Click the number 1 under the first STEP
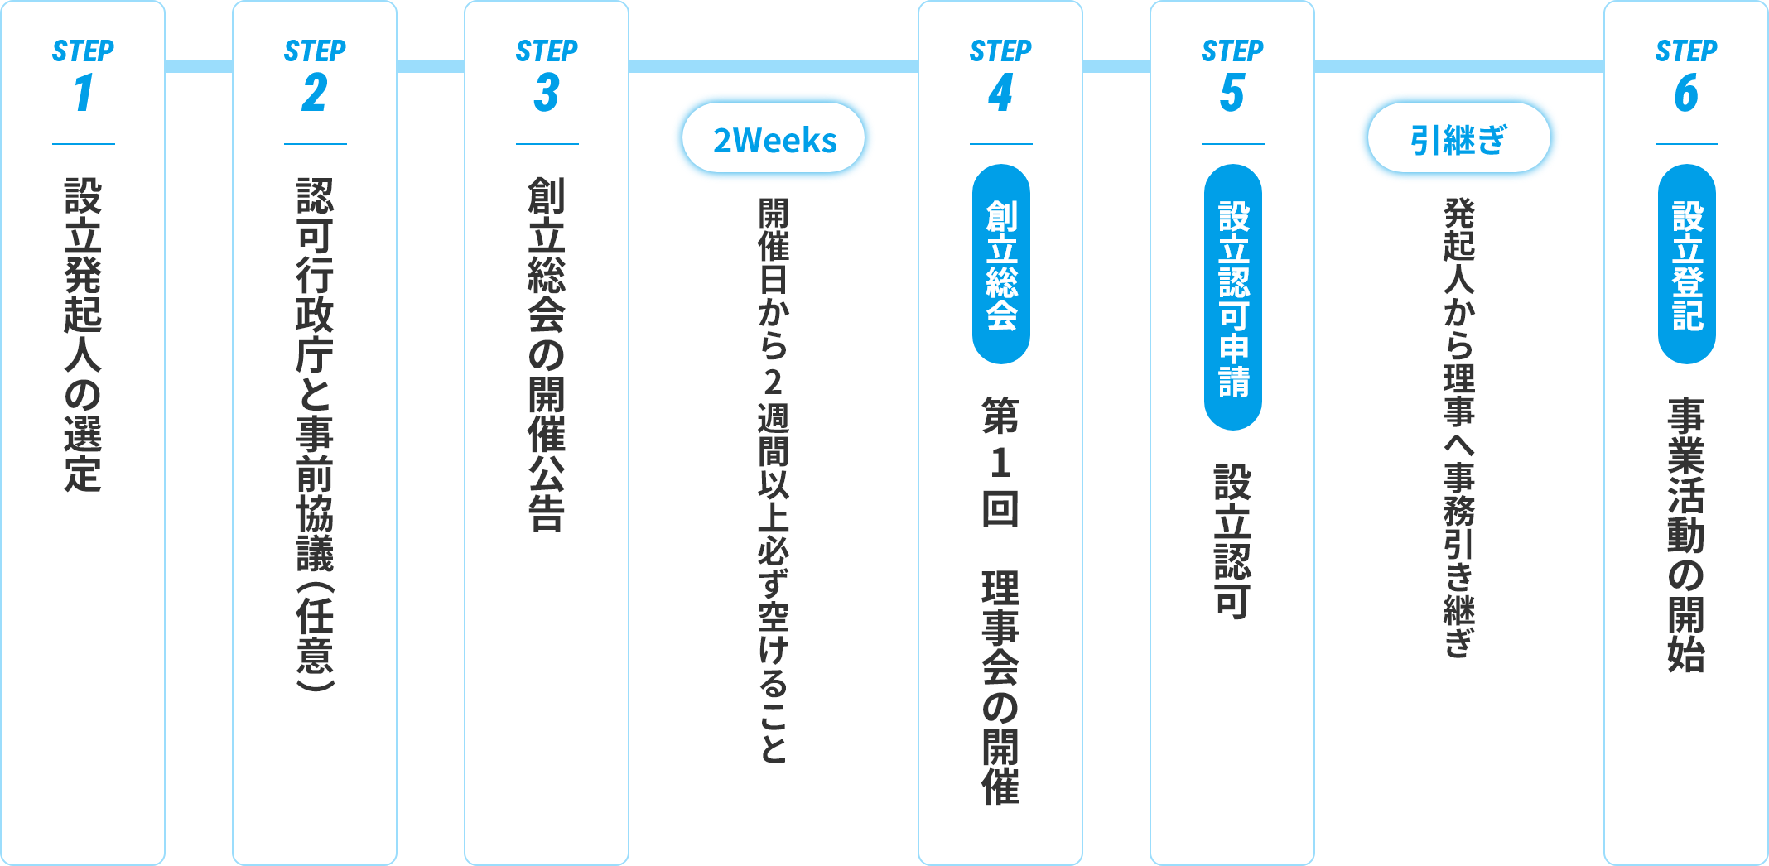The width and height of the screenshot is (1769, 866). pos(83,93)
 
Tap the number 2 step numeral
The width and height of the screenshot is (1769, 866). pos(315,93)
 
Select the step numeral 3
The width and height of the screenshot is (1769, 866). pos(547,93)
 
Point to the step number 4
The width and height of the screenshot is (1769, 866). pos(1000,93)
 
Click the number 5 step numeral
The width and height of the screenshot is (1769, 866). pos(1232,93)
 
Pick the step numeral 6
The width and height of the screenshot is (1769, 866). pos(1686,93)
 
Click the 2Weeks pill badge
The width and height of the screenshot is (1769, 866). pos(774,138)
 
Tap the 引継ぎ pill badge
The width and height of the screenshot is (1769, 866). pos(1459,138)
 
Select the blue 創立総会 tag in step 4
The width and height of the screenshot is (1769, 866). pos(1001,264)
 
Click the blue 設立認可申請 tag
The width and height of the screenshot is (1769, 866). pos(1233,297)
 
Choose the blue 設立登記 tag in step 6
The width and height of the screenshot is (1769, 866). pos(1687,264)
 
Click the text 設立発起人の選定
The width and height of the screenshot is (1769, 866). pos(83,334)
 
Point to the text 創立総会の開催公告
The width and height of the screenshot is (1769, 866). pos(547,354)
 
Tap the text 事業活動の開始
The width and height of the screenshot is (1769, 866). pos(1687,535)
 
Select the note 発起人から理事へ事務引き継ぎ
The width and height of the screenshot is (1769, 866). pos(1459,427)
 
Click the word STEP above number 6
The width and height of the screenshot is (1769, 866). pos(1686,51)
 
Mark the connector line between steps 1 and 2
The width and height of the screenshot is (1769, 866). pos(199,66)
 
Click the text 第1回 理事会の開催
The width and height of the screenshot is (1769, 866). pos(1000,601)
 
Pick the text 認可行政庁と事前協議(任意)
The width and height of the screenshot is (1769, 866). pos(315,434)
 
